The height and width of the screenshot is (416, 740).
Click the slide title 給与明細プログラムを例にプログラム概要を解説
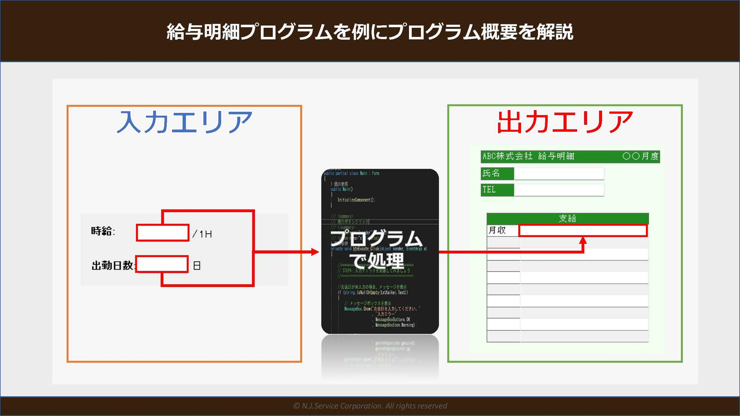[370, 32]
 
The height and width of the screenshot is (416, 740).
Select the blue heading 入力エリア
[184, 122]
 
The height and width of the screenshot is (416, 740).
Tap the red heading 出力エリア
[565, 122]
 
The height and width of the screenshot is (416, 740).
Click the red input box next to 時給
[162, 233]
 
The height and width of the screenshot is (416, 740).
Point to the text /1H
[202, 234]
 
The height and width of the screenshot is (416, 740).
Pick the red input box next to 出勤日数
[162, 264]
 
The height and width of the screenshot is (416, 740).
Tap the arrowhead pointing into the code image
[316, 252]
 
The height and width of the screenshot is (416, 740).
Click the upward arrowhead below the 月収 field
[583, 240]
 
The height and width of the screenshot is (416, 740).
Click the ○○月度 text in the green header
[640, 156]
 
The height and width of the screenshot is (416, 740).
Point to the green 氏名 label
[497, 173]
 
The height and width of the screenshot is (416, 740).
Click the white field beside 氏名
[559, 173]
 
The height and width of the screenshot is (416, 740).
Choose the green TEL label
[497, 190]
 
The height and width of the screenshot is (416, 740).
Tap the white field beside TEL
[559, 190]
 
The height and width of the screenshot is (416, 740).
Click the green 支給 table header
[567, 218]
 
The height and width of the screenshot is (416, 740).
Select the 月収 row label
[497, 231]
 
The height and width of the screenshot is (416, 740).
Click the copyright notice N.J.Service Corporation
[370, 406]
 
